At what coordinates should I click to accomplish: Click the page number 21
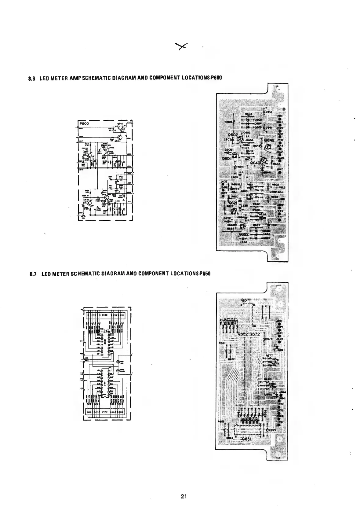tap(184, 496)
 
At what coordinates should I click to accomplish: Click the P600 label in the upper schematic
tap(84, 123)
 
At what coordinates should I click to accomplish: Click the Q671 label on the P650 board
tap(247, 300)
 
